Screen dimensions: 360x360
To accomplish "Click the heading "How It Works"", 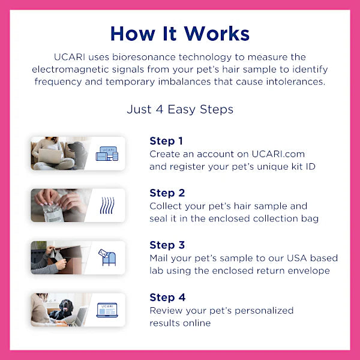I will click(180, 34).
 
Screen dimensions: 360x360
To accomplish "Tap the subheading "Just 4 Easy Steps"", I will click(180, 109).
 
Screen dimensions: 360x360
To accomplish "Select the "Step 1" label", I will click(166, 141).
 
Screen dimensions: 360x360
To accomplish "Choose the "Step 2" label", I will click(167, 193).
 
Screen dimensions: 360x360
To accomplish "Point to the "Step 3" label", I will click(167, 245).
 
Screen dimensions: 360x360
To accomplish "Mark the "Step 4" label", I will click(167, 297).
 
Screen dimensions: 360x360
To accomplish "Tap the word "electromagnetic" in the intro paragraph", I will click(67, 69).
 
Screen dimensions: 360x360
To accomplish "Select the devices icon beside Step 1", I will click(107, 154).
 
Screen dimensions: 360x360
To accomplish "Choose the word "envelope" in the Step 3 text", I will click(311, 271).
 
